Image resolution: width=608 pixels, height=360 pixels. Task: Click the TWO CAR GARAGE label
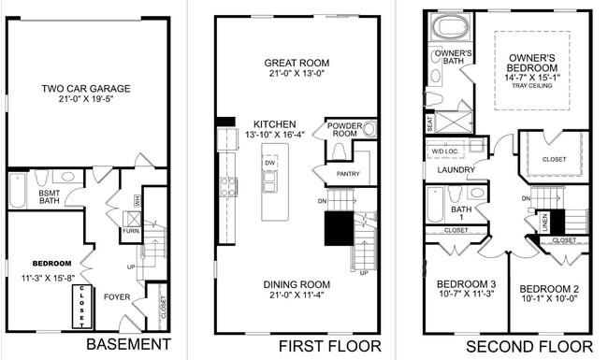(85, 90)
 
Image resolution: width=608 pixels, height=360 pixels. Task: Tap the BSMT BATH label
(50, 196)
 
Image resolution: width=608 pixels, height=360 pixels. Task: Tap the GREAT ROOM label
(296, 64)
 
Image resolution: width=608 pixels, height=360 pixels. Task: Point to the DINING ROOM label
(296, 284)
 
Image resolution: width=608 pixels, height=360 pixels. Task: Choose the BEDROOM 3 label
(466, 285)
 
